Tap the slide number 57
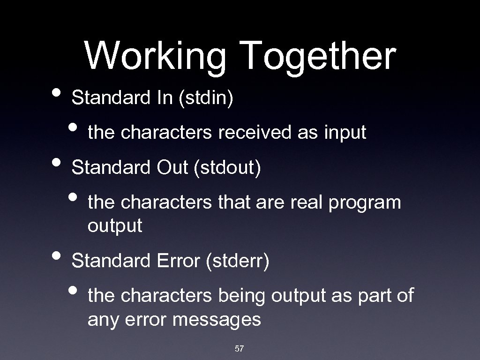point(239,348)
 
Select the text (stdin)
point(205,98)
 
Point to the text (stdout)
point(227,167)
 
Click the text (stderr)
point(238,261)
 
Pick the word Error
point(176,261)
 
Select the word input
point(345,133)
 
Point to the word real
point(306,202)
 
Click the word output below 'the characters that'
point(114,226)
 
